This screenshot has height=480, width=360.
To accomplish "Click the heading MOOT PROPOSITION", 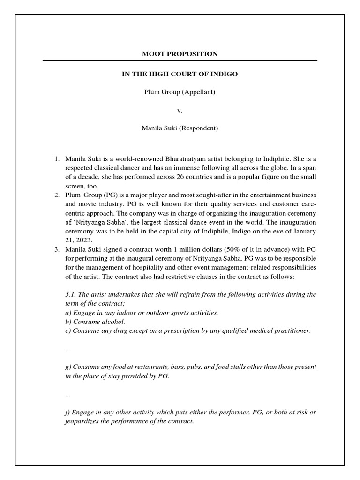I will click(180, 54).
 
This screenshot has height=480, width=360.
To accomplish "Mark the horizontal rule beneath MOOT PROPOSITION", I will click(180, 60).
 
